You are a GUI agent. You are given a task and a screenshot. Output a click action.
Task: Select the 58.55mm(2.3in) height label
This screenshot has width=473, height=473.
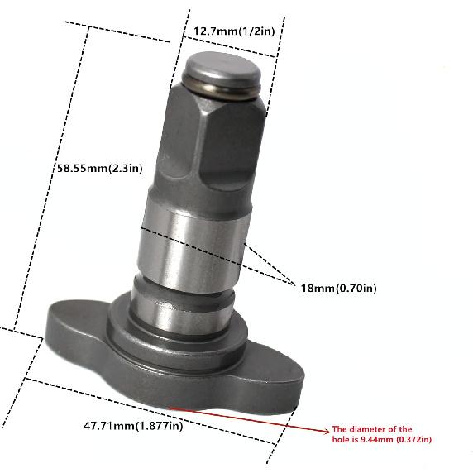[x=99, y=168]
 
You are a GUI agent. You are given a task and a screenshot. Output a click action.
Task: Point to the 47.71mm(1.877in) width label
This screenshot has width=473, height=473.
[x=132, y=426]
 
